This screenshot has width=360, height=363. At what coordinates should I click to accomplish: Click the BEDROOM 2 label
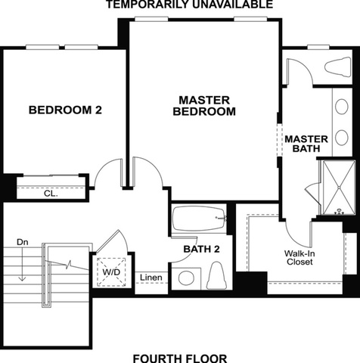click(x=65, y=110)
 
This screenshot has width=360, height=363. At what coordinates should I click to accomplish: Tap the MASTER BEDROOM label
click(x=204, y=106)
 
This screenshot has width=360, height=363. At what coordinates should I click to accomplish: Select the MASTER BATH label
click(x=306, y=144)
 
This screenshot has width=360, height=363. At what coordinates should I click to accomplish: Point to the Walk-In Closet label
click(x=299, y=257)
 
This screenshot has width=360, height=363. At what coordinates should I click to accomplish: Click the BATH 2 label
click(x=201, y=249)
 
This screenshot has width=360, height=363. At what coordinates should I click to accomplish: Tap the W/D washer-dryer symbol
click(x=111, y=271)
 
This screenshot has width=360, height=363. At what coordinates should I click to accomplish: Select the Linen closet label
click(x=151, y=278)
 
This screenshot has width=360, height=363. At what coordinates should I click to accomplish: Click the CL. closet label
click(x=51, y=194)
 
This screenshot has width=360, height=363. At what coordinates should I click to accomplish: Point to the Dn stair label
click(x=23, y=242)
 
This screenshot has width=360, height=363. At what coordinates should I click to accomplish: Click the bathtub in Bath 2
click(x=199, y=219)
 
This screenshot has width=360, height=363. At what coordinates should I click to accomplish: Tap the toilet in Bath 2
click(x=216, y=275)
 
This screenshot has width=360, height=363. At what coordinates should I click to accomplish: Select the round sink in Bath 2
click(x=186, y=278)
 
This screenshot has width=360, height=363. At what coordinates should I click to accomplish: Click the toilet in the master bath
click(x=338, y=67)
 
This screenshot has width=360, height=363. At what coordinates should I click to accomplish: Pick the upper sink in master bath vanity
click(x=342, y=107)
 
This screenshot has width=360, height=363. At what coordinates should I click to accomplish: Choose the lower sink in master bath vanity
click(x=342, y=138)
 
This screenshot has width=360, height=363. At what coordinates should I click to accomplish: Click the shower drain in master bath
click(x=340, y=188)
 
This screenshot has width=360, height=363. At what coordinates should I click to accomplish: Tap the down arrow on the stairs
click(x=23, y=264)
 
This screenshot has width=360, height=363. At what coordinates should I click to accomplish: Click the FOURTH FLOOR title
click(x=180, y=358)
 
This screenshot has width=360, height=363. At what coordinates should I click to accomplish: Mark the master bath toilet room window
click(x=318, y=47)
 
